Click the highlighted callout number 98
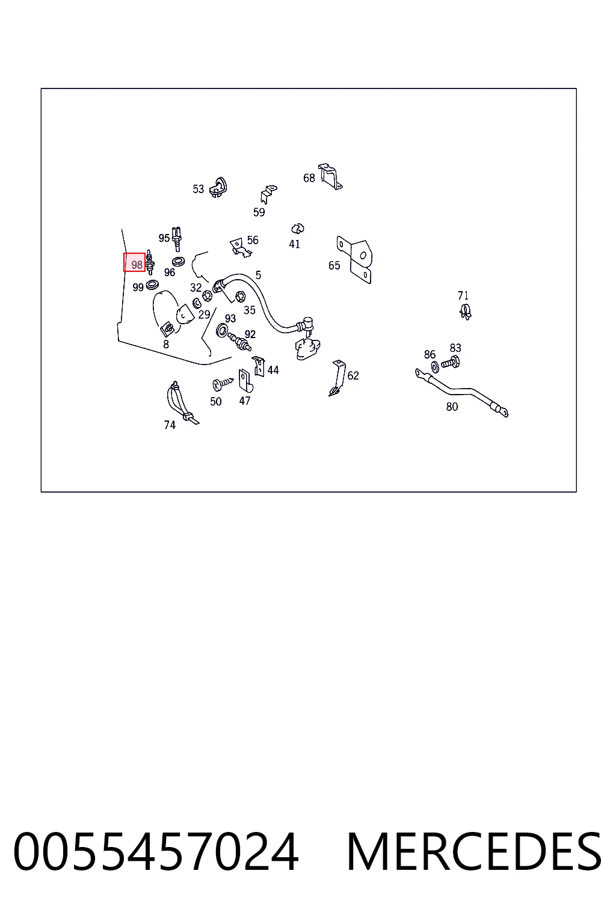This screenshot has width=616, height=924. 137,265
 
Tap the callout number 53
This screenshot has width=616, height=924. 199,189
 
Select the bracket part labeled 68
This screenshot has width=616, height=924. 330,176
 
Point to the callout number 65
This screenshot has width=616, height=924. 334,265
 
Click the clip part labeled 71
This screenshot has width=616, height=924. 466,312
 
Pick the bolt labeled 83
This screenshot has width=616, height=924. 451,363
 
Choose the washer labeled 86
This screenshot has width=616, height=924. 435,366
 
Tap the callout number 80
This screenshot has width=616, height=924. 452,407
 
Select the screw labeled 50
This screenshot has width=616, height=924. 223,384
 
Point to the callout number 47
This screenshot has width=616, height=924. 245,401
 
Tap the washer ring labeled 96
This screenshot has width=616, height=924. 178,261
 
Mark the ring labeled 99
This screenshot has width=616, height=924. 153,284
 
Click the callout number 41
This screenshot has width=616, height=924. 294,244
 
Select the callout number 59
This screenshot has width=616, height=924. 259,212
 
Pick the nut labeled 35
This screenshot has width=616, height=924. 240,296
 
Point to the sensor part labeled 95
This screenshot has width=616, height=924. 177,239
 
